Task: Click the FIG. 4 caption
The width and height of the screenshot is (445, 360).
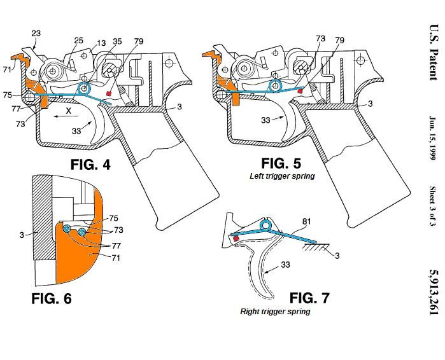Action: [x=90, y=165]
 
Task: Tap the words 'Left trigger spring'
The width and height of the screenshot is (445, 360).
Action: [x=282, y=176]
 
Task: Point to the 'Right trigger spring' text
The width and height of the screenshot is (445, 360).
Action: [x=275, y=312]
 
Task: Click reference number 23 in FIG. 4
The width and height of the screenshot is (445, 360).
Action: [x=36, y=33]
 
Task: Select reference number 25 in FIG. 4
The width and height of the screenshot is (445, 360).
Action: [x=79, y=41]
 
